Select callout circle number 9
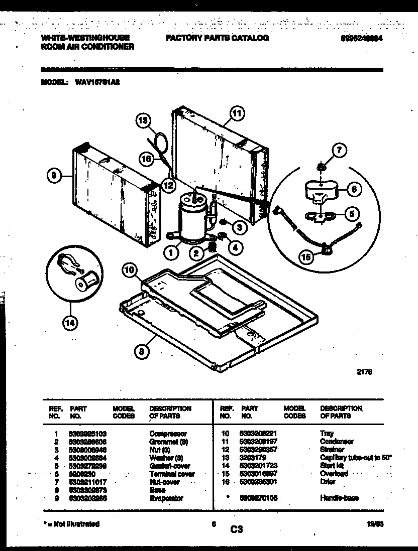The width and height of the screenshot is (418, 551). tap(53, 175)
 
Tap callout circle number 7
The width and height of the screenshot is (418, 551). tap(340, 150)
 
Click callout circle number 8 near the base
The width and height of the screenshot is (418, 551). tap(142, 352)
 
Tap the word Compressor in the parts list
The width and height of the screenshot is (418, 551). tap(168, 433)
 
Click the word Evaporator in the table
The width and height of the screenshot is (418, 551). tap(166, 498)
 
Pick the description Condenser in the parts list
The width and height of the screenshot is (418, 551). tap(337, 441)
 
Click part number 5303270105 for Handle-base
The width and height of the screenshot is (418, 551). tap(260, 498)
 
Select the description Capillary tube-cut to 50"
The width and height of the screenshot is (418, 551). tap(355, 458)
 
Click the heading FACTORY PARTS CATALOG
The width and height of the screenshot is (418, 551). tap(217, 38)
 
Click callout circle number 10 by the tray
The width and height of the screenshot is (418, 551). tap(130, 271)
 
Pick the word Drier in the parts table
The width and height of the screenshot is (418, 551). tap(327, 482)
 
